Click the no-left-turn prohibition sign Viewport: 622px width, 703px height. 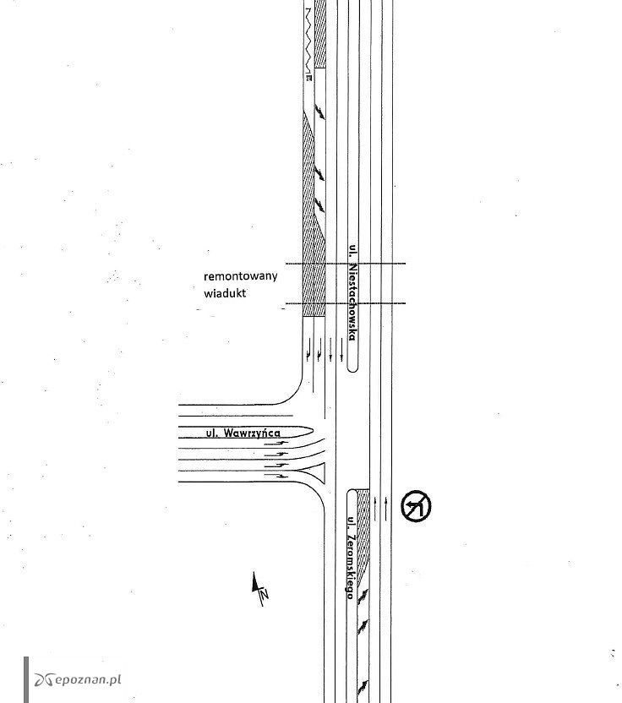pos(416,506)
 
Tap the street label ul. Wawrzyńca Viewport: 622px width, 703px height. pos(243,433)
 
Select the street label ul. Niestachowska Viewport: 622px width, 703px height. pos(353,292)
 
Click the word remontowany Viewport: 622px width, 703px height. pos(240,275)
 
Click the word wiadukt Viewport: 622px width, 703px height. pos(225,293)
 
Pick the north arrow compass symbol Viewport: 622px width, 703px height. pos(259,589)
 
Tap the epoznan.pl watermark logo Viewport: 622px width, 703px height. pos(78,679)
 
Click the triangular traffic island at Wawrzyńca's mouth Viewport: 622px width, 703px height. pos(316,472)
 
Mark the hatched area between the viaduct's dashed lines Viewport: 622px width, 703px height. pos(314,283)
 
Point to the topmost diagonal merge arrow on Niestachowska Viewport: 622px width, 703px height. pos(319,112)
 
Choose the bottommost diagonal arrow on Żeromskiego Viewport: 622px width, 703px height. pos(363,686)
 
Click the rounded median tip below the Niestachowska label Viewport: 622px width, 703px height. pos(353,368)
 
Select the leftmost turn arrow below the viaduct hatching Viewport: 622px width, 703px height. pos(308,350)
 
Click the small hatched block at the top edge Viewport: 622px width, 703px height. pos(319,34)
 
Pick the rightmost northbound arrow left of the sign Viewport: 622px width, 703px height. pos(385,509)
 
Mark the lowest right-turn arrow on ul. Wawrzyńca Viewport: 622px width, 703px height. pos(276,476)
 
